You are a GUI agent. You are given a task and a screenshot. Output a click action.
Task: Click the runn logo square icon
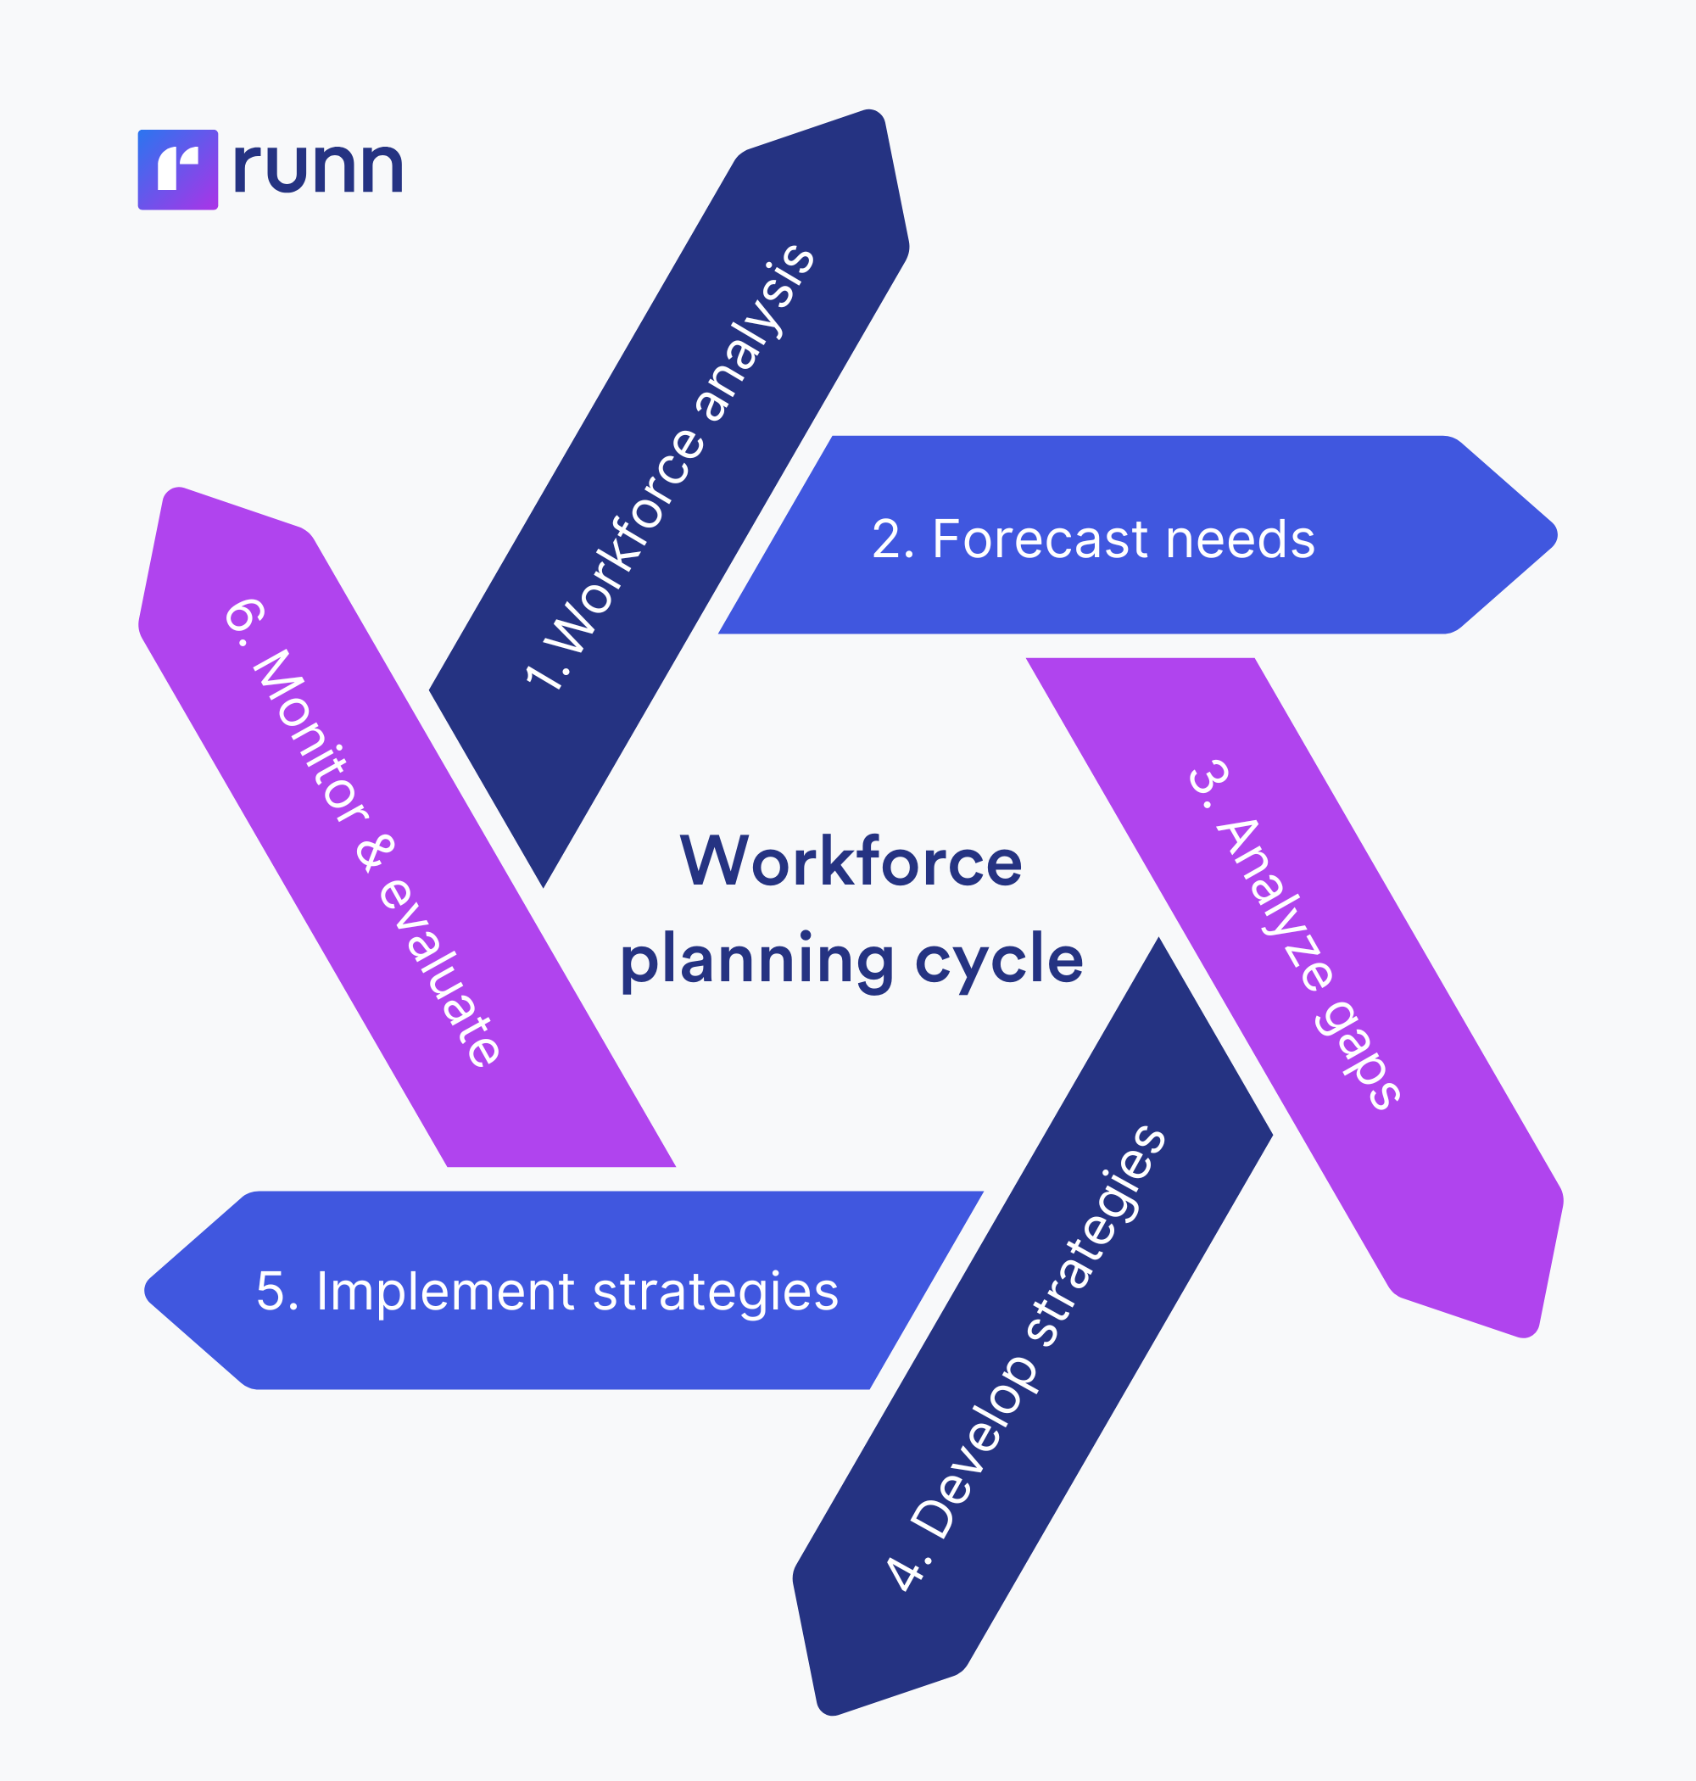tap(177, 170)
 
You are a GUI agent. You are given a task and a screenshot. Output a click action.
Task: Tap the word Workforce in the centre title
tap(851, 862)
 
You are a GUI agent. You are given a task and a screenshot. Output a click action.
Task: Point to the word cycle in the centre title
tap(998, 960)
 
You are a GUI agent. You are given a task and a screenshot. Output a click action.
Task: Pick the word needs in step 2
tap(1240, 539)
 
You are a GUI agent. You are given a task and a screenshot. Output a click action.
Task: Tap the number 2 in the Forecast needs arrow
tap(887, 539)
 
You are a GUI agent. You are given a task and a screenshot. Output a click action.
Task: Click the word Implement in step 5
tap(445, 1292)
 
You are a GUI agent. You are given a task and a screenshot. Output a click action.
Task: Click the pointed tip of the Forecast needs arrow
tap(1554, 534)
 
